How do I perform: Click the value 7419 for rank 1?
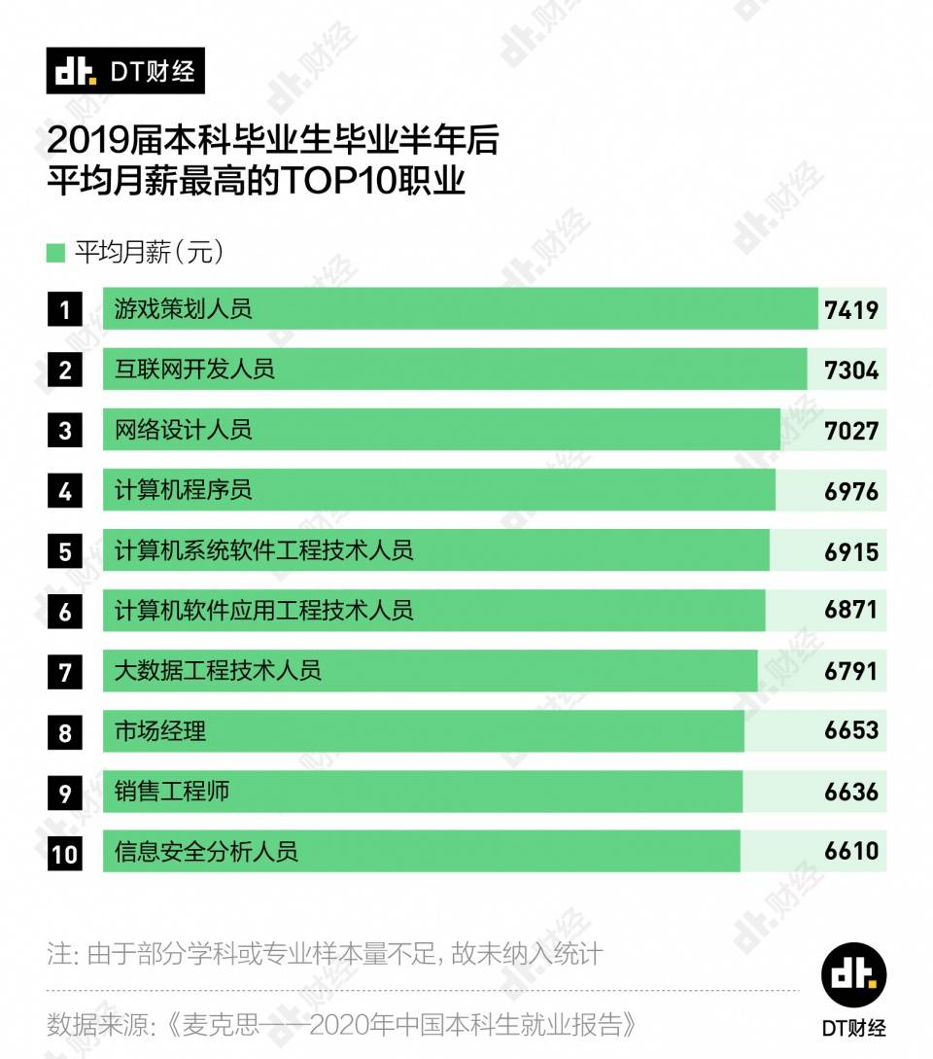click(x=850, y=310)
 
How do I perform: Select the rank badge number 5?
click(x=65, y=551)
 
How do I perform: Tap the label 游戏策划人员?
click(x=183, y=309)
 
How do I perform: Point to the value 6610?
click(x=850, y=851)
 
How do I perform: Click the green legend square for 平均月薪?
click(x=55, y=254)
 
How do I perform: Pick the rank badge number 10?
click(x=65, y=854)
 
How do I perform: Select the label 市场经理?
click(x=160, y=730)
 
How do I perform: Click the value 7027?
click(x=850, y=430)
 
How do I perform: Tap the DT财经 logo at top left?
click(x=125, y=71)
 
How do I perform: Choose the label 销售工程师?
click(x=172, y=791)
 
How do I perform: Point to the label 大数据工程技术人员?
click(x=218, y=670)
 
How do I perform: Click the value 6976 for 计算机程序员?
click(x=850, y=491)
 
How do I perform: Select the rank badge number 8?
click(x=65, y=732)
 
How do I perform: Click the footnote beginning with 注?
click(x=325, y=953)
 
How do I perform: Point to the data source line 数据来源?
click(x=345, y=1024)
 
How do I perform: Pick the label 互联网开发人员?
click(x=194, y=370)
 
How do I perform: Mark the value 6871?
click(x=850, y=610)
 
